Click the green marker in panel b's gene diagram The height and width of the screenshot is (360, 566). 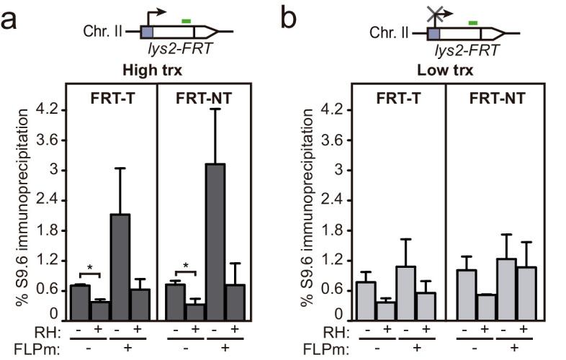click(x=473, y=23)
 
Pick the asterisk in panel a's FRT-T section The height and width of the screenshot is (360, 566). click(x=90, y=268)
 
